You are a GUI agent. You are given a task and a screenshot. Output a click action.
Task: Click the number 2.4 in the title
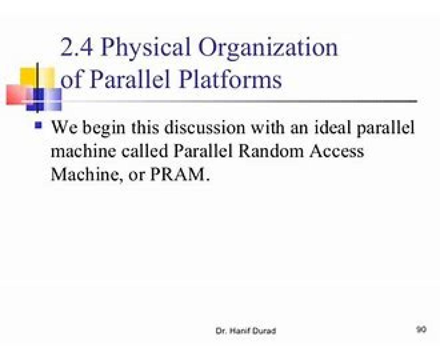(x=76, y=47)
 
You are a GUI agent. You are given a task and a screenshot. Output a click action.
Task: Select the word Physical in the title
(x=146, y=49)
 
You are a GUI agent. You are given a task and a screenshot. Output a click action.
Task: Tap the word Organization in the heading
(x=268, y=49)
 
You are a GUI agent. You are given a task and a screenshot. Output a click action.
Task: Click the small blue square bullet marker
(x=38, y=126)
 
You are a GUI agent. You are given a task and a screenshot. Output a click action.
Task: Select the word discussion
(x=205, y=128)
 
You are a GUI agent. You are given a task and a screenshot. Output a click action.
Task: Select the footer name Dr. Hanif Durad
(x=246, y=331)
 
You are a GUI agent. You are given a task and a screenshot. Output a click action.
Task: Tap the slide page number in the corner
(x=421, y=329)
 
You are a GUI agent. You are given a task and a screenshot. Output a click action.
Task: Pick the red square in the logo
(x=17, y=95)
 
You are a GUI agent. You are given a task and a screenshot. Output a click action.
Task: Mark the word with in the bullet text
(x=268, y=128)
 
